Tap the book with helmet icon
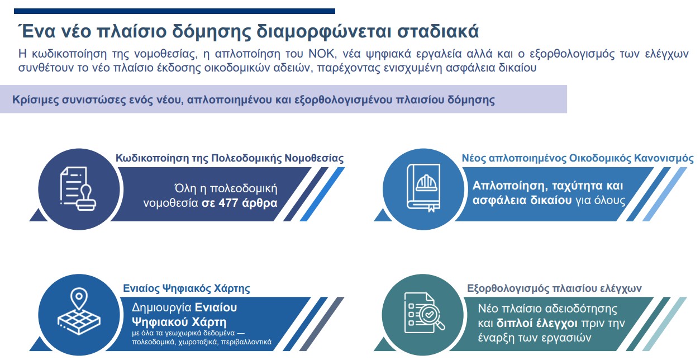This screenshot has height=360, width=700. click(424, 188)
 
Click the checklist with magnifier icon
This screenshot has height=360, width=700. click(424, 314)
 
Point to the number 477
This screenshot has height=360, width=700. click(230, 202)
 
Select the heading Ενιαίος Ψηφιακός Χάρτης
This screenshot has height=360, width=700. click(187, 289)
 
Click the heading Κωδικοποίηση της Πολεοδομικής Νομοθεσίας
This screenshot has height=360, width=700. click(230, 158)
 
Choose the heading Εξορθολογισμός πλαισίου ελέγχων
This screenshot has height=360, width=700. click(554, 289)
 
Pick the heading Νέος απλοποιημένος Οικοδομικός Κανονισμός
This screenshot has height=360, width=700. click(578, 158)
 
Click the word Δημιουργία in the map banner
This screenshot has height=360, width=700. click(161, 307)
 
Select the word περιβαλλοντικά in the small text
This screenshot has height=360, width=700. click(245, 342)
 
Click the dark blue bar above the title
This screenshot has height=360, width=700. click(174, 11)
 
